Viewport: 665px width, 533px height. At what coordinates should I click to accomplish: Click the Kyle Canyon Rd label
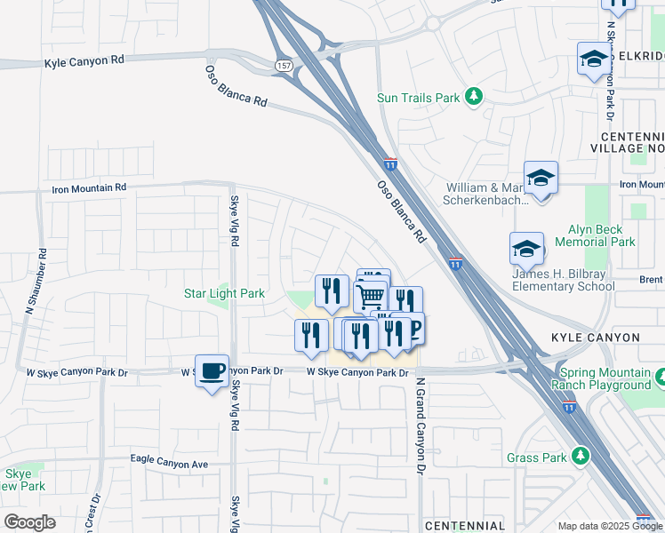(84, 61)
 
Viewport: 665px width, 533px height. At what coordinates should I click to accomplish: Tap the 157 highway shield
(284, 66)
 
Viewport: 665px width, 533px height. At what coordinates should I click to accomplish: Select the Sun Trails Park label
(419, 97)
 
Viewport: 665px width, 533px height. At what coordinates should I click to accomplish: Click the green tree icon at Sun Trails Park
(475, 96)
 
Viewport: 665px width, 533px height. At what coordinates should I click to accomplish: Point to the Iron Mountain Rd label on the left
(89, 188)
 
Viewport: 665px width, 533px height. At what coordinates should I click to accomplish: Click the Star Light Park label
(224, 293)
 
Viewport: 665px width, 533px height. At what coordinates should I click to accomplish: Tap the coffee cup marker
(212, 371)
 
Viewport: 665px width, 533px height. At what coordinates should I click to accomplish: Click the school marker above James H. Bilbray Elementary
(526, 249)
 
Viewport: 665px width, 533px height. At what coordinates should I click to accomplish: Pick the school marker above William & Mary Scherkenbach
(540, 178)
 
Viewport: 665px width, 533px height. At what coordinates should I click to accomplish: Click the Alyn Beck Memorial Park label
(595, 235)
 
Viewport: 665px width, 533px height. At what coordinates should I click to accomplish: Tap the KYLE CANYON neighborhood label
(595, 338)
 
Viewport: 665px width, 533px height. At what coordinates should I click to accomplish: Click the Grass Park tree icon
(581, 457)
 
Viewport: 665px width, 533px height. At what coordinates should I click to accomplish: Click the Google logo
(29, 522)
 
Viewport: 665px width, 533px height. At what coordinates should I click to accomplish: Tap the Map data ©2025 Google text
(609, 526)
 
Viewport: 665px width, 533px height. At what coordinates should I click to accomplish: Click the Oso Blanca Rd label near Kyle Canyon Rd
(236, 86)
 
